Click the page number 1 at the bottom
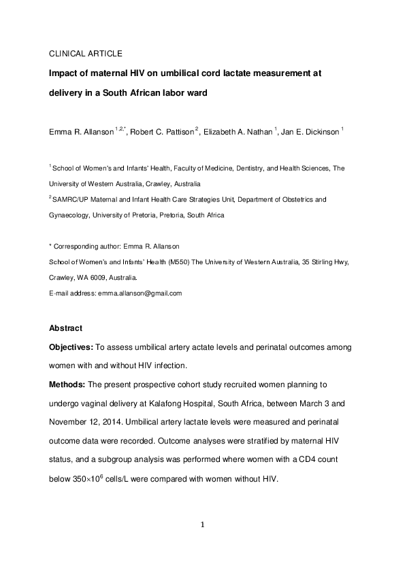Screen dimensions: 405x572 coord(202,524)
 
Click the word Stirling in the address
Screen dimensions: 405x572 coord(323,262)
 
